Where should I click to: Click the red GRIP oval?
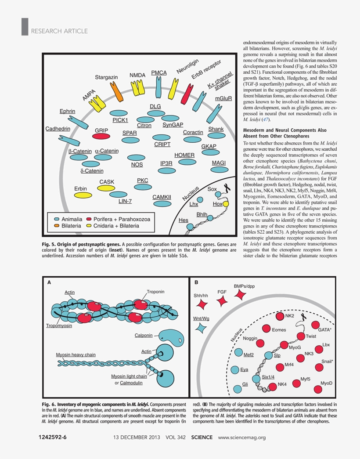click(101, 136)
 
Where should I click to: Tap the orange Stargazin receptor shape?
click(116, 92)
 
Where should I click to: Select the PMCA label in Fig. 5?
click(159, 72)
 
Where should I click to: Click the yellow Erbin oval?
click(83, 195)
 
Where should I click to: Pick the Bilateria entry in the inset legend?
click(68, 226)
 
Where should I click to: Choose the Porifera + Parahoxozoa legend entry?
click(118, 219)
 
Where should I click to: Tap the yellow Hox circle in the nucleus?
click(225, 204)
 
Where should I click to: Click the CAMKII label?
click(162, 197)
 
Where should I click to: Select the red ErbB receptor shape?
click(187, 94)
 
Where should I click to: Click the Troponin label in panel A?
click(156, 292)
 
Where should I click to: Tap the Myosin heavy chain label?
click(76, 354)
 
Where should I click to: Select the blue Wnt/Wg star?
click(201, 328)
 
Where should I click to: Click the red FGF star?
click(222, 301)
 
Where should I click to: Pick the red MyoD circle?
click(318, 389)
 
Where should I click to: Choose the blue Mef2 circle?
click(238, 352)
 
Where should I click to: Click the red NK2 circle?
click(280, 316)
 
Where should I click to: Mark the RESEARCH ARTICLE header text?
click(59, 31)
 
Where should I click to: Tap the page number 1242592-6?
click(53, 437)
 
